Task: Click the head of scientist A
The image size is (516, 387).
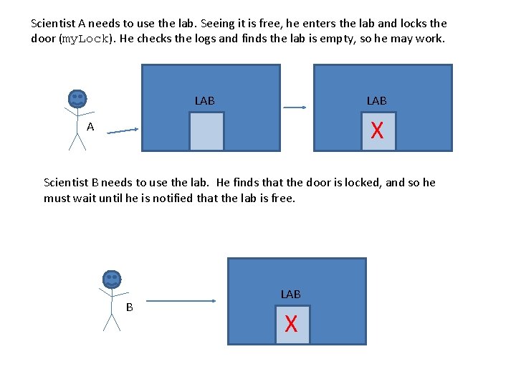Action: point(77,99)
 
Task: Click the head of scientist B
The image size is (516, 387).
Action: point(112,279)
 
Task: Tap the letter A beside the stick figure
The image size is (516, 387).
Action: point(90,127)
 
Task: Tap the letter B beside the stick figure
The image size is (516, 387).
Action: point(130,307)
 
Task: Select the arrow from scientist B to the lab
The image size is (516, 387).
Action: point(183,301)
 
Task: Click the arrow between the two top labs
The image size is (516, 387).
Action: point(295,107)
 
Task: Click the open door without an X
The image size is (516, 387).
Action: point(207,131)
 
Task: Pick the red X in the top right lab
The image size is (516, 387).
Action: point(377,131)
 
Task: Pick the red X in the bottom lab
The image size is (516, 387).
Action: point(291,325)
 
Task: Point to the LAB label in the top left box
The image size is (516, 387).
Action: point(205,101)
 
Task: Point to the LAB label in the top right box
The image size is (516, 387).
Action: point(377,101)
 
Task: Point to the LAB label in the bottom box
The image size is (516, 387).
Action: point(291,295)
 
